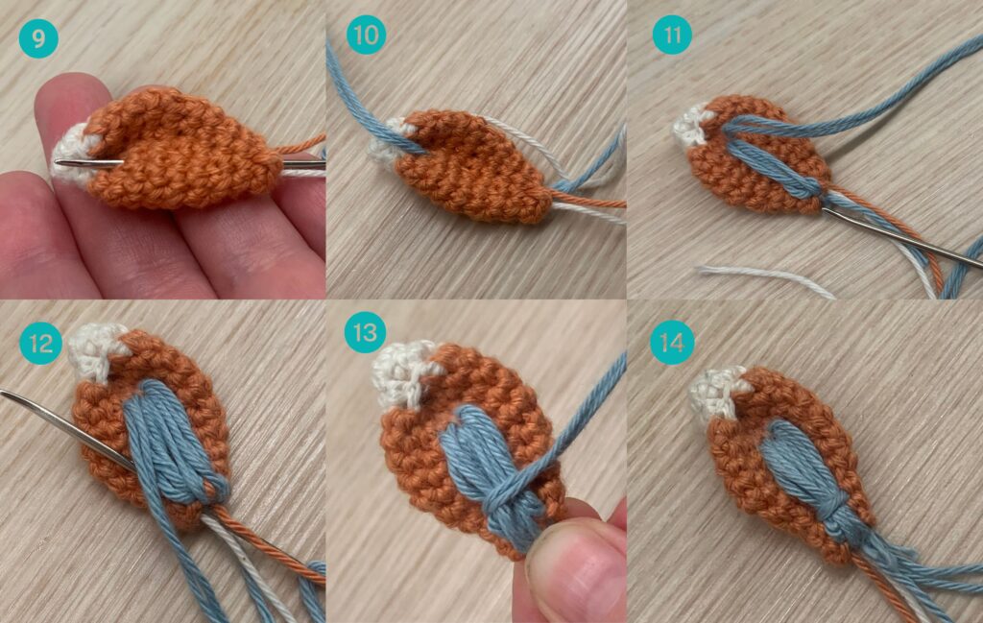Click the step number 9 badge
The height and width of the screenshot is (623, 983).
(38, 38)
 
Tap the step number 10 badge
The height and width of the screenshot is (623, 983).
(366, 36)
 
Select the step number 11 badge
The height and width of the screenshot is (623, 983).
(672, 36)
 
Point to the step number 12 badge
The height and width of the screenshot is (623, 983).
(40, 344)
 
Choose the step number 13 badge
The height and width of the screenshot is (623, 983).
(365, 331)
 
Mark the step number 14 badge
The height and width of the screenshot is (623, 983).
(672, 344)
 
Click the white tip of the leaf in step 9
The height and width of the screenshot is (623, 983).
(72, 154)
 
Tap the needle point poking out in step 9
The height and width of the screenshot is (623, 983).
(57, 162)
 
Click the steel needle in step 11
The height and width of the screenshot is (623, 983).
(902, 238)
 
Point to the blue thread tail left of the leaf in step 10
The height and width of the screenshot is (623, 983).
(367, 100)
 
